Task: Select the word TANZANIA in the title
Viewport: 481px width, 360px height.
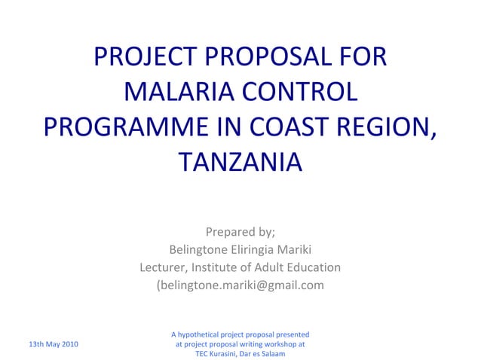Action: [240, 162]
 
